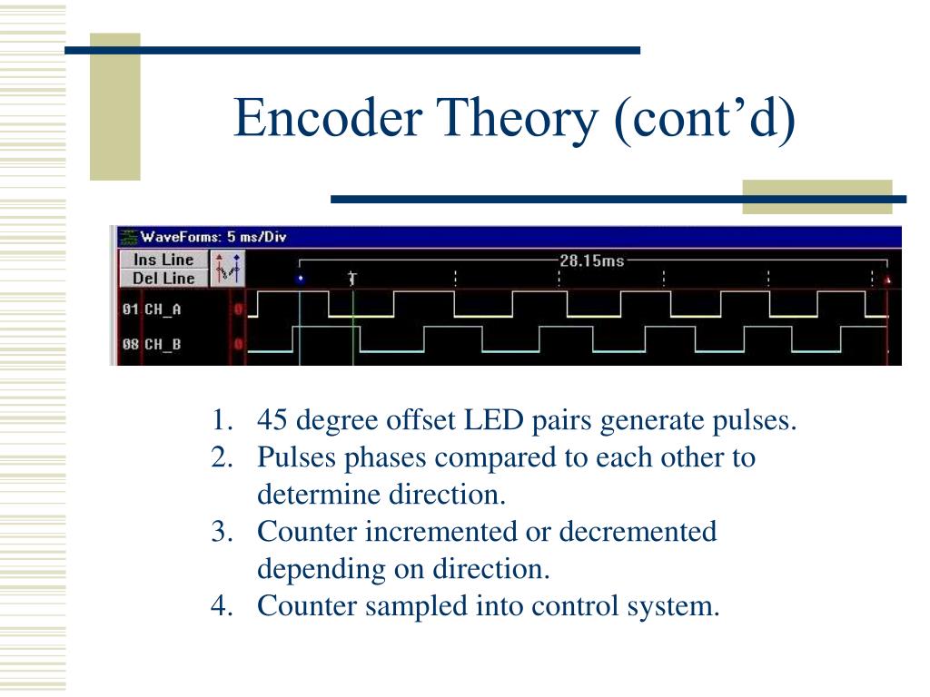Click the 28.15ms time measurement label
click(x=591, y=260)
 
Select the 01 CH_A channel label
click(x=152, y=309)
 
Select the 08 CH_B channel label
click(x=152, y=345)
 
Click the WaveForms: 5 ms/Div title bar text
click(x=213, y=237)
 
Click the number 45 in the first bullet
click(x=273, y=421)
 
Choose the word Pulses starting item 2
click(x=297, y=457)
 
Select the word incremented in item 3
click(x=438, y=531)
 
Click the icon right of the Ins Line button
click(x=228, y=269)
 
